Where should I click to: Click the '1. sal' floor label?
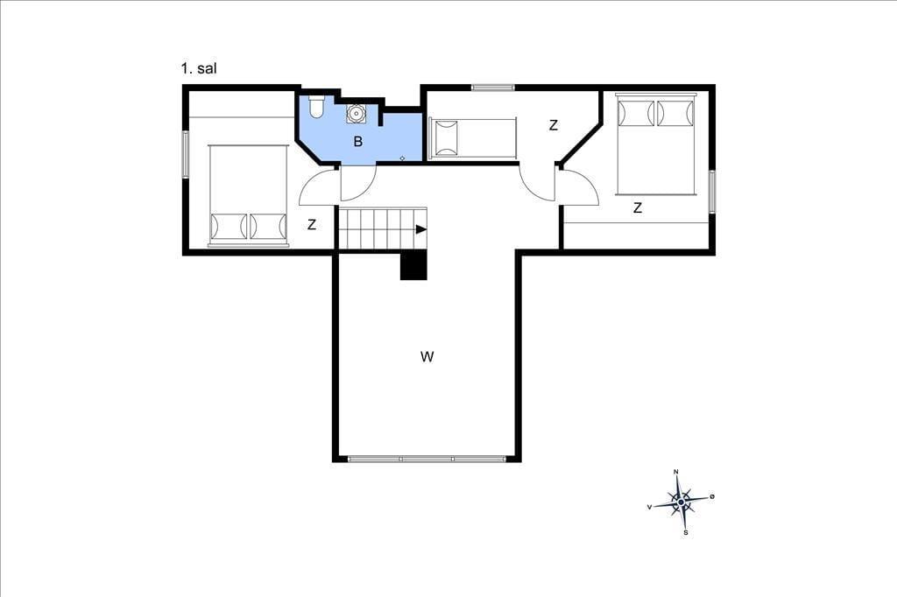pos(199,68)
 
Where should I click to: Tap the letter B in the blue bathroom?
pos(358,141)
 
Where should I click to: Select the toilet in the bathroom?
pos(316,106)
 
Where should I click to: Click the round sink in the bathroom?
pos(356,114)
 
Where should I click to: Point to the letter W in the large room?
pos(427,357)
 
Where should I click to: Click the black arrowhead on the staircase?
pos(421,229)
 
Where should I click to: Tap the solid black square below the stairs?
pos(413,266)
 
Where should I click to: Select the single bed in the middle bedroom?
pos(473,137)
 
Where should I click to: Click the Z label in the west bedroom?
pos(312,225)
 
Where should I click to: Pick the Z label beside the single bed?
pos(554,125)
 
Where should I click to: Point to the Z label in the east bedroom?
pos(638,207)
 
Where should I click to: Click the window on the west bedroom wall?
pos(186,154)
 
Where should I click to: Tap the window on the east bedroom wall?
pos(712,192)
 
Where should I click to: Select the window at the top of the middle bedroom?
pos(493,88)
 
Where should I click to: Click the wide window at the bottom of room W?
pos(427,459)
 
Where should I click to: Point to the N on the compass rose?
pos(676,472)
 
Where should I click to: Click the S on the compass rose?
pos(686,532)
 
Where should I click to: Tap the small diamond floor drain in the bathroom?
pos(402,158)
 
